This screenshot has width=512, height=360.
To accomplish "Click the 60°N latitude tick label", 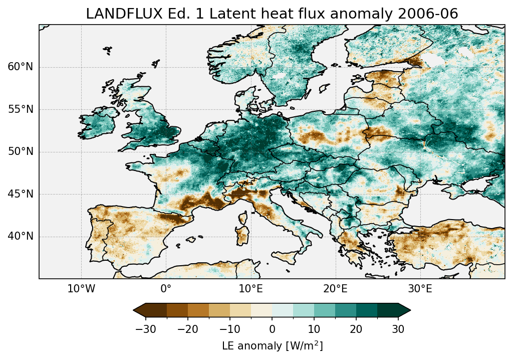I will coord(21,67).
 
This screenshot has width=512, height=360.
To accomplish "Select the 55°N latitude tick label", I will coord(21,109).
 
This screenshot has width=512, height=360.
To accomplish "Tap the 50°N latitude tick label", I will coord(21,152).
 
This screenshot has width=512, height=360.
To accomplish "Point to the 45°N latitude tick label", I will coord(21,194).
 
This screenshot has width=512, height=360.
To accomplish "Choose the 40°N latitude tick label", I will coord(21,236).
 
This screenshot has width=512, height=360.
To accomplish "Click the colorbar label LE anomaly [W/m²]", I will coord(272,346).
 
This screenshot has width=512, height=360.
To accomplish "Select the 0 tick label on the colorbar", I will coord(272,329).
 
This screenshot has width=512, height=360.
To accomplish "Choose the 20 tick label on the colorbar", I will coord(356,329).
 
